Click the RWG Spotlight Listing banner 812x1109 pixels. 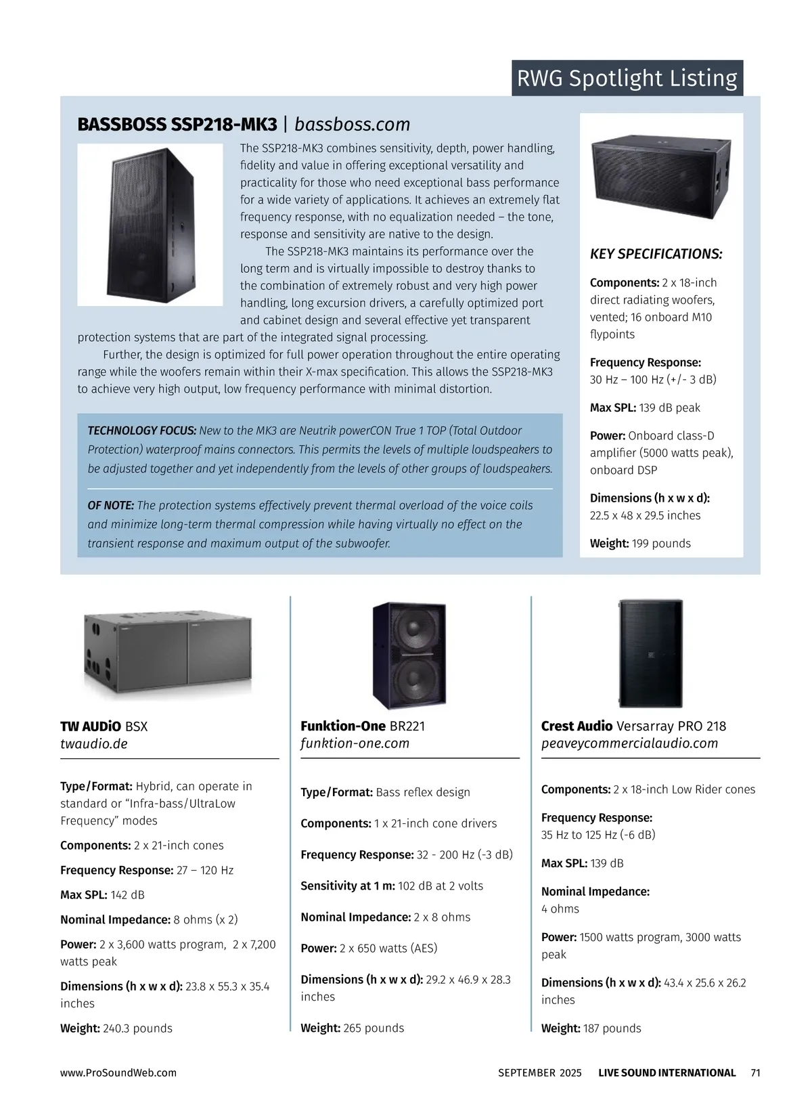point(627,78)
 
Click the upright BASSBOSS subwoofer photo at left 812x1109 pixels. point(150,224)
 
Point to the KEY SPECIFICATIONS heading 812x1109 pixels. point(656,255)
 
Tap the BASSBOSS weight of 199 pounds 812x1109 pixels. point(640,543)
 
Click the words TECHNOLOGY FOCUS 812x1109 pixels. point(142,431)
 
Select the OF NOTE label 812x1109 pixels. point(111,505)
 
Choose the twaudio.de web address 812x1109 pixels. point(94,743)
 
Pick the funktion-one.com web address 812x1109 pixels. point(355,743)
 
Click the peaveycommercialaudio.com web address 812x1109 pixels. point(629,743)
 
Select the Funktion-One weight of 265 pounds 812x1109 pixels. point(352,1028)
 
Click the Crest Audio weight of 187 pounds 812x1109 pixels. point(591,1028)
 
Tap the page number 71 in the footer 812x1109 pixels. point(756,1072)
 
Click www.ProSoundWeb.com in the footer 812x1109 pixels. point(118,1072)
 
